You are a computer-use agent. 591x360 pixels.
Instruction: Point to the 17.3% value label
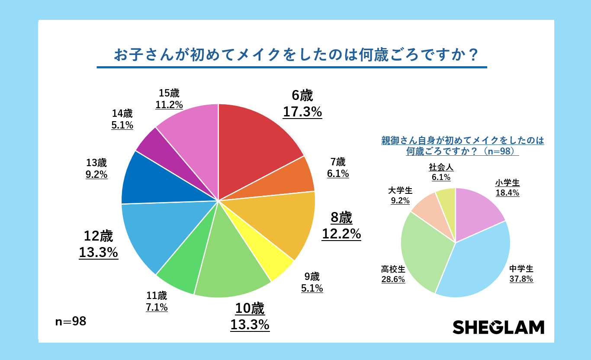[x=302, y=112]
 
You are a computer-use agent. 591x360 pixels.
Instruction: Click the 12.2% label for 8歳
[x=341, y=234]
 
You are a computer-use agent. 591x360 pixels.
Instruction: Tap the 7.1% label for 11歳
[x=157, y=308]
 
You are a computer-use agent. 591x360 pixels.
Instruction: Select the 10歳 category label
[x=250, y=309]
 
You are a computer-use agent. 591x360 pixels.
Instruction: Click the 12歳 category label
[x=98, y=236]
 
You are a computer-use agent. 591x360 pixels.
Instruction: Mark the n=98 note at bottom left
[x=71, y=321]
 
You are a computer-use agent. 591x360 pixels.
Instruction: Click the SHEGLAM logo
[x=498, y=327]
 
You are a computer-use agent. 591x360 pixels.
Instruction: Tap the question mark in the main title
[x=473, y=55]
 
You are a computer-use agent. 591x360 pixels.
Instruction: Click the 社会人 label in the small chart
[x=441, y=167]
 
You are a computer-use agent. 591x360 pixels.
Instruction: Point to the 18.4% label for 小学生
[x=507, y=193]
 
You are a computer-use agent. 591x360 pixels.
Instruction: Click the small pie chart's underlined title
[x=462, y=146]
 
